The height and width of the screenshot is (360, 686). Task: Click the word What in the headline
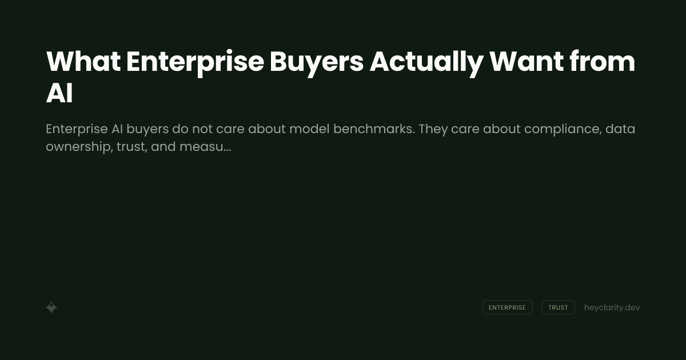click(x=83, y=62)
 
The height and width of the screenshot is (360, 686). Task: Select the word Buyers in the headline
click(x=316, y=62)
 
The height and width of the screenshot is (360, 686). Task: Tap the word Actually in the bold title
click(x=426, y=62)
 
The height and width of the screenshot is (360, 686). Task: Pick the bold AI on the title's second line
click(x=59, y=94)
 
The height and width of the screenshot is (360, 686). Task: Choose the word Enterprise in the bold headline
click(x=195, y=62)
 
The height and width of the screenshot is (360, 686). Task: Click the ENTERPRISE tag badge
click(x=507, y=307)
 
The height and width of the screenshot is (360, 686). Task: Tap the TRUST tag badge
click(x=558, y=307)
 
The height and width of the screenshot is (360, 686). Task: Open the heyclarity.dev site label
click(x=612, y=307)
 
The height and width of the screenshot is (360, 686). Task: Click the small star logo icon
click(x=51, y=307)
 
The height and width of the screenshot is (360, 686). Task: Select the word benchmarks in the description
click(x=373, y=129)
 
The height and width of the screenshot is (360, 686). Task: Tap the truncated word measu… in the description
click(x=205, y=147)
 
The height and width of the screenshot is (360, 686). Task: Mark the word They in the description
click(x=433, y=129)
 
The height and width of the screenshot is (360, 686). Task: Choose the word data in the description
click(x=620, y=129)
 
